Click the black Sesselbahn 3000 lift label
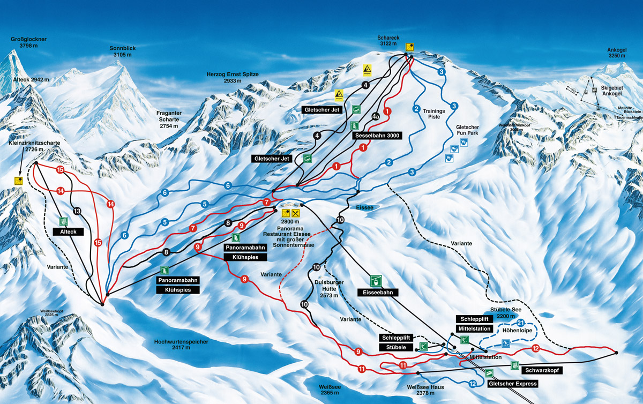(x=377, y=136)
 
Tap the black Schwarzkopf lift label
(x=542, y=369)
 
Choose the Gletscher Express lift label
(x=512, y=384)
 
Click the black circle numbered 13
(x=77, y=211)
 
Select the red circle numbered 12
(x=535, y=349)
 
